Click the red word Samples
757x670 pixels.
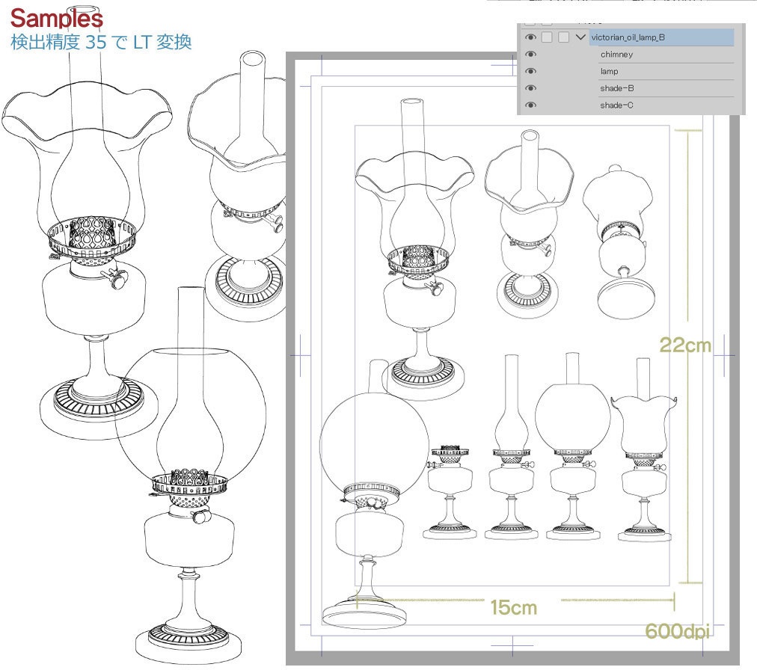(x=57, y=19)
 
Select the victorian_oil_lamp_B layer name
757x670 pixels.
(x=628, y=37)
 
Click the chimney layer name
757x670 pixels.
(x=616, y=54)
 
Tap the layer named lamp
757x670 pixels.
(x=609, y=71)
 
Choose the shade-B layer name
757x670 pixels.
(x=616, y=87)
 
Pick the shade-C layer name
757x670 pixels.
(x=616, y=105)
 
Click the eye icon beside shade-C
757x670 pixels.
(x=530, y=105)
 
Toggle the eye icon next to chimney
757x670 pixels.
(x=530, y=54)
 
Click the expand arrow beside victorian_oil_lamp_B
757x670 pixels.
(x=580, y=37)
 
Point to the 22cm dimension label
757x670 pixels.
(x=685, y=345)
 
